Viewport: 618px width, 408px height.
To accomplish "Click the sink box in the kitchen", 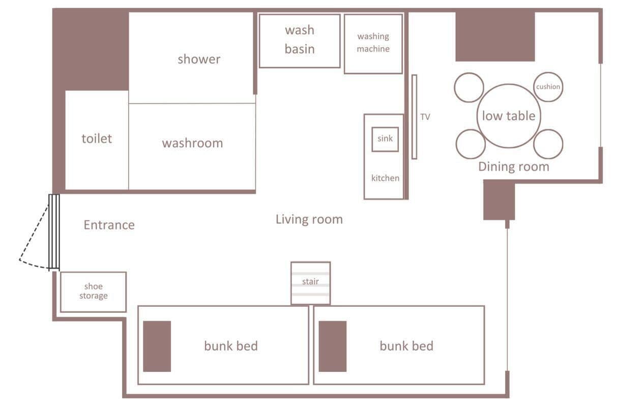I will tap(385, 139).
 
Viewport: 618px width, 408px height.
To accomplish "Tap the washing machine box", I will tap(373, 44).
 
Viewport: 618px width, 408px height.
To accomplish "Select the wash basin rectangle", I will tap(300, 41).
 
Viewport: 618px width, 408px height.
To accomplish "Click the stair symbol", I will tap(311, 283).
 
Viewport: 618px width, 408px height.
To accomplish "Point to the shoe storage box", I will tap(93, 292).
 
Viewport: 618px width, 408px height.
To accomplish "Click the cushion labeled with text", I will tap(548, 87).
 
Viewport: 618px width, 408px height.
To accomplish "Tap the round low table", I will tap(508, 116).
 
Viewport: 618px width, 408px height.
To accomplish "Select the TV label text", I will tap(425, 117).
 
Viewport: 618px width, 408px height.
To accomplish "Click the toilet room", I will tap(97, 139).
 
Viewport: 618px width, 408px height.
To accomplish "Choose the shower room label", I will tap(199, 59).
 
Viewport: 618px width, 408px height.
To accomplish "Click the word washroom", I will tap(192, 143).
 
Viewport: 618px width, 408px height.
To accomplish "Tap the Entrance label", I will tap(109, 225).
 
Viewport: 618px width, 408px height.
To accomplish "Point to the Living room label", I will tap(309, 219).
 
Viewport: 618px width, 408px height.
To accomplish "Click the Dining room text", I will tap(513, 167).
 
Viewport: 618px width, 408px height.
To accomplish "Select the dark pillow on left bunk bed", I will tap(157, 346).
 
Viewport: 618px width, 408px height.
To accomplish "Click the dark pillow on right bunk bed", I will tap(332, 346).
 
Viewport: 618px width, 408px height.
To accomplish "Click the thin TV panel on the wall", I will tap(414, 117).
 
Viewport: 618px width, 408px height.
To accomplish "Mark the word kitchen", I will tap(385, 178).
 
